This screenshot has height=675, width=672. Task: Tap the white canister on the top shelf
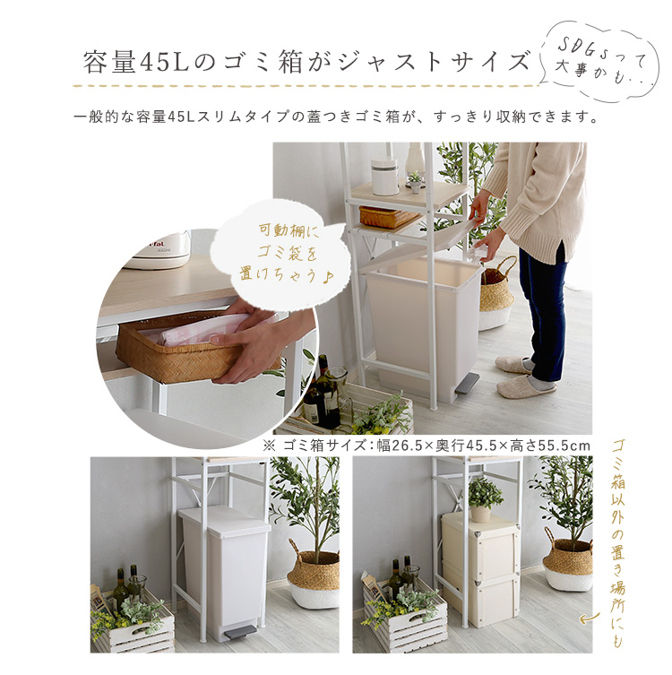coord(384,177)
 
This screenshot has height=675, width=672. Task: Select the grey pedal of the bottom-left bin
coord(237,632)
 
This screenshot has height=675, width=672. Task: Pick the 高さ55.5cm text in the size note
coord(550,446)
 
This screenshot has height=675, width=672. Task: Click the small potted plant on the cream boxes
coord(485,500)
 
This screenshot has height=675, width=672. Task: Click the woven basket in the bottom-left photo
coord(314,576)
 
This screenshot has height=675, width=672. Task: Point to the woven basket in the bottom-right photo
coord(567,562)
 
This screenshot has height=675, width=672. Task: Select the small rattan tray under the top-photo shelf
coord(387,217)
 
